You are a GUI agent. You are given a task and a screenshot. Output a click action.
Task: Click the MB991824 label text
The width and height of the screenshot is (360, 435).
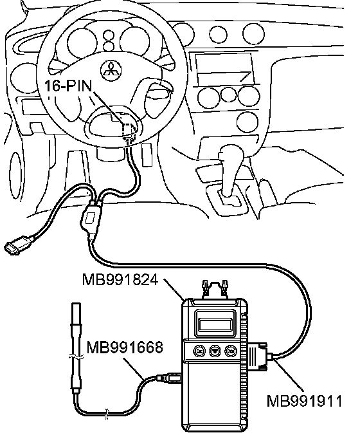(120, 280)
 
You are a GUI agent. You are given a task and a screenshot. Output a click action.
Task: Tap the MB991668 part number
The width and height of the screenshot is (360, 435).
(125, 347)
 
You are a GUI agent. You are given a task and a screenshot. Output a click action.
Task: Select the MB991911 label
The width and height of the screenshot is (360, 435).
(304, 401)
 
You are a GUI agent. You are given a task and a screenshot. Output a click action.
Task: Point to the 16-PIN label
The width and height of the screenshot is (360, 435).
(68, 86)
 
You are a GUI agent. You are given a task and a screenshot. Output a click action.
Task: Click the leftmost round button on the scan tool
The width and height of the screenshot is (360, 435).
(199, 351)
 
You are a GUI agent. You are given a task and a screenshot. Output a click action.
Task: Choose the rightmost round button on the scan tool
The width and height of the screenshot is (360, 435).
(230, 351)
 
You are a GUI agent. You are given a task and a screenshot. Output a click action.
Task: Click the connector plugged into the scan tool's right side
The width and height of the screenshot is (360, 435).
(258, 356)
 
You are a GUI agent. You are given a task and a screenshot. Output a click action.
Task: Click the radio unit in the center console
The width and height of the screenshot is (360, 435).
(225, 69)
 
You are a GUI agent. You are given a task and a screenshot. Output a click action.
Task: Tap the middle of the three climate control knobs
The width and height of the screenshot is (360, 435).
(228, 95)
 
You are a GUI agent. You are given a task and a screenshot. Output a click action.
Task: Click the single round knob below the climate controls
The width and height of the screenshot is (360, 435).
(247, 122)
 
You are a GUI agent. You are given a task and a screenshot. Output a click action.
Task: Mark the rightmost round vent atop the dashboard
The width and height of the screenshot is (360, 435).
(253, 34)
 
